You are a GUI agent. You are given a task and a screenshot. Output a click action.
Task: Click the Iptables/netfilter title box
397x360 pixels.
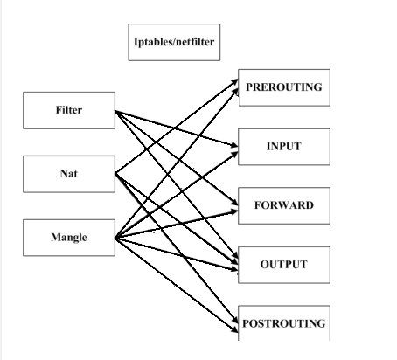pyautogui.click(x=174, y=42)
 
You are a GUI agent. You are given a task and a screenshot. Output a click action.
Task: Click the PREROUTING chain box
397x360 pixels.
pyautogui.click(x=283, y=87)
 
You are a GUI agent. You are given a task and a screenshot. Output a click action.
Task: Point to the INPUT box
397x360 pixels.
pyautogui.click(x=283, y=147)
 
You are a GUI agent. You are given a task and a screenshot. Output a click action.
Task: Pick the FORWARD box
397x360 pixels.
pyautogui.click(x=283, y=205)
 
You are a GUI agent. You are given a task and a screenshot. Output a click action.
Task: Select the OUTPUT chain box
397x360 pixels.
pyautogui.click(x=283, y=265)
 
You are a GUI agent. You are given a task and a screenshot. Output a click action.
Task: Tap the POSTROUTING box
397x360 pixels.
pyautogui.click(x=283, y=323)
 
